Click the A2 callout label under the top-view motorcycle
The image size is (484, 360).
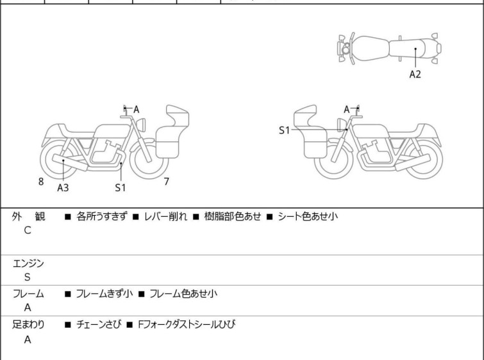click(415, 74)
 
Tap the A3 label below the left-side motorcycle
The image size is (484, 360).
click(63, 187)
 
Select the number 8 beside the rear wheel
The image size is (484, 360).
click(41, 182)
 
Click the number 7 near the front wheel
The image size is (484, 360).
click(167, 182)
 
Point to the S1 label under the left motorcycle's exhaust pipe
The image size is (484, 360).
click(121, 187)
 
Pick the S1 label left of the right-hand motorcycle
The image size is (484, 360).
click(284, 130)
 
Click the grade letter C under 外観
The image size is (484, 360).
click(28, 230)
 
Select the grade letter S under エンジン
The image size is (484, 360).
click(28, 277)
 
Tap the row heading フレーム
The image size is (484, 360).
click(28, 293)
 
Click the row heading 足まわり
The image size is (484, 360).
click(28, 325)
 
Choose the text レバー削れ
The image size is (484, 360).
click(165, 216)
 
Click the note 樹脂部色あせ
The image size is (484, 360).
click(233, 216)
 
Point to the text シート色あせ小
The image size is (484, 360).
click(308, 216)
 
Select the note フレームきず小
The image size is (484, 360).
click(104, 293)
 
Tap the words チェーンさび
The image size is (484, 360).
click(99, 325)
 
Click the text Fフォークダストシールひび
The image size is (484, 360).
click(187, 325)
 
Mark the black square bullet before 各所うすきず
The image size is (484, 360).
click(67, 217)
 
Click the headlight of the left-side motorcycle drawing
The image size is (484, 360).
click(142, 124)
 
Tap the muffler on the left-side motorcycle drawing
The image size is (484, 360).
click(70, 162)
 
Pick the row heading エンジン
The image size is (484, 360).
click(28, 264)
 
